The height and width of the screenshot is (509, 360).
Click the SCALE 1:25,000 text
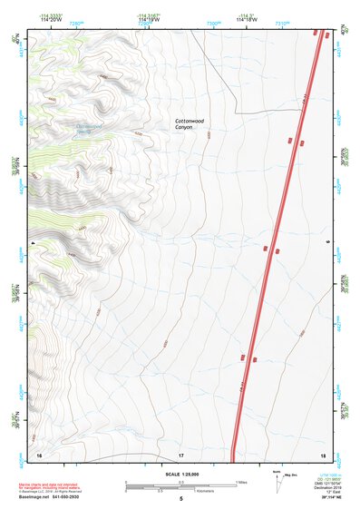pos(180,474)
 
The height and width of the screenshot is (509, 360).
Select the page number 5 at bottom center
pos(180,498)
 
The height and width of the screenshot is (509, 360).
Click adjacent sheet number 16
pos(39,454)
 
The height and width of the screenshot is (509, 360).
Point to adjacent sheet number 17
pos(181,454)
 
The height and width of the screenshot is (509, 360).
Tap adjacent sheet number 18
pos(323,454)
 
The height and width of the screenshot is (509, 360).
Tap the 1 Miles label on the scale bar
pos(242,481)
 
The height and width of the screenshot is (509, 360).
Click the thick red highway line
pos(272,254)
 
